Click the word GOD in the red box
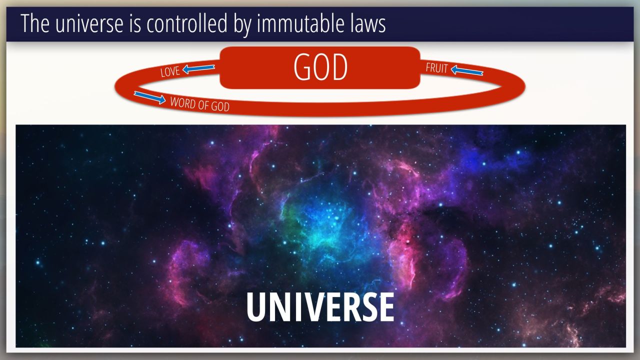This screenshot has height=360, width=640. pyautogui.click(x=320, y=67)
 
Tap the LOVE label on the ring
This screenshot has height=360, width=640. pyautogui.click(x=170, y=71)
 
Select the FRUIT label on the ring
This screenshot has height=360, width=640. pyautogui.click(x=436, y=68)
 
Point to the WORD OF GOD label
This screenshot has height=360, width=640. pyautogui.click(x=199, y=104)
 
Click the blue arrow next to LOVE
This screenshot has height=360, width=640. pyautogui.click(x=198, y=68)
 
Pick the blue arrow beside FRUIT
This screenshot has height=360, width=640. pyautogui.click(x=467, y=70)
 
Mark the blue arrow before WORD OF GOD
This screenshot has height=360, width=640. pyautogui.click(x=149, y=97)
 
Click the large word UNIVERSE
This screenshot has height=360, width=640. pyautogui.click(x=320, y=307)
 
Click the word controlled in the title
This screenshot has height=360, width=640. pyautogui.click(x=187, y=23)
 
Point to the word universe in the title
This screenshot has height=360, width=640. pyautogui.click(x=89, y=24)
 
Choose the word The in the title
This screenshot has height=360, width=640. pyautogui.click(x=35, y=23)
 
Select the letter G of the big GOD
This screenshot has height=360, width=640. pyautogui.click(x=302, y=67)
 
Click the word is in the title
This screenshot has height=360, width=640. pyautogui.click(x=135, y=23)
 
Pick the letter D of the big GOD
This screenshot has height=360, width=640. pyautogui.click(x=339, y=67)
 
